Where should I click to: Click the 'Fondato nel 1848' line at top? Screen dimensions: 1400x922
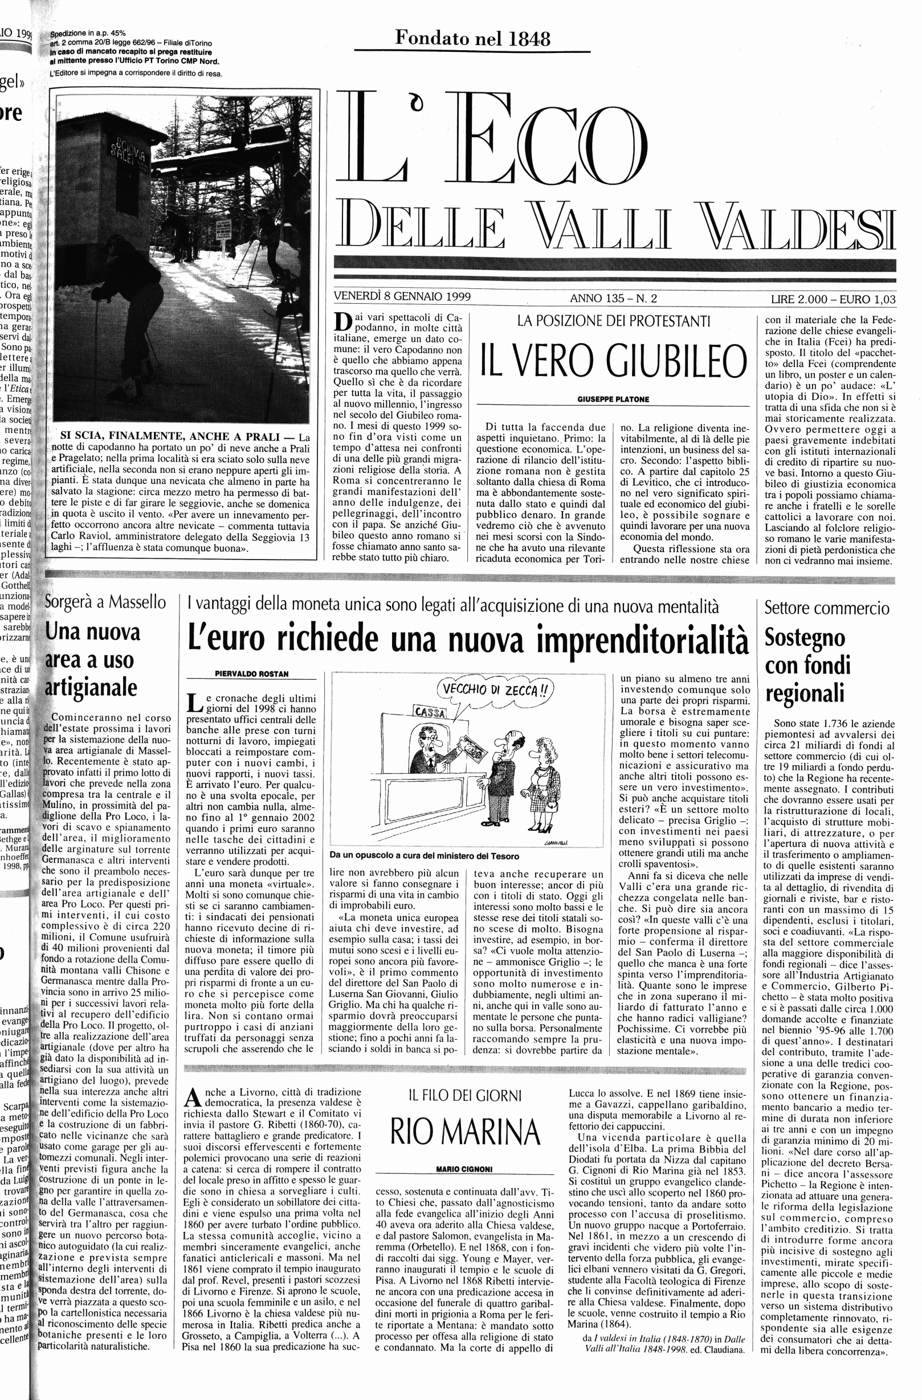click(472, 39)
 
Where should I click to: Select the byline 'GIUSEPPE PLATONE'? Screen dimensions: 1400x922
click(613, 399)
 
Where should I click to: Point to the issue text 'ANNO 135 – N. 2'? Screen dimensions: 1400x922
click(613, 298)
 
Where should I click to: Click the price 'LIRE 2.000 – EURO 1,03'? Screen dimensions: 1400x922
click(833, 299)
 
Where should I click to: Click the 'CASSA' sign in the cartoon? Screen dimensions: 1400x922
click(431, 712)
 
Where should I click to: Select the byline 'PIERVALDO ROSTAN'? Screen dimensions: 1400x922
click(251, 674)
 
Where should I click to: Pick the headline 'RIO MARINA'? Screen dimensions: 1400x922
click(465, 1132)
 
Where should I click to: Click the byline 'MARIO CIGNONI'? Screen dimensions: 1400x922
click(464, 1169)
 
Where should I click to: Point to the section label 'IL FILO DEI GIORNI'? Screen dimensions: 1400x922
click(465, 1096)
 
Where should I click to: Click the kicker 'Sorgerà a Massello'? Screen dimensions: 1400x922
click(106, 602)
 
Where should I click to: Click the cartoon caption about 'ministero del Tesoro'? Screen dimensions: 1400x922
click(424, 856)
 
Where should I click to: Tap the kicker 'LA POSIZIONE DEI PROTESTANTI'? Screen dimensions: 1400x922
click(614, 321)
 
